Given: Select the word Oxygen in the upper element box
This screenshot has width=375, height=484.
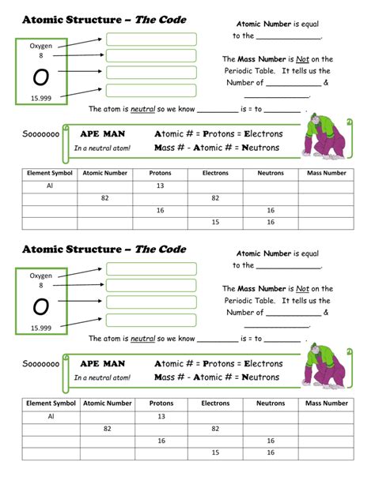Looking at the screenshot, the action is point(41,46).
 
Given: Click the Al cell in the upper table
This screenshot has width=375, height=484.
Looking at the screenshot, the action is point(50,186).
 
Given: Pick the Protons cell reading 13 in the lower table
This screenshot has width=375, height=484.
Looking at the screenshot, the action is point(161,415).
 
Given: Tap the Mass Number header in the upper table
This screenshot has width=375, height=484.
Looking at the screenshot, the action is point(326,173).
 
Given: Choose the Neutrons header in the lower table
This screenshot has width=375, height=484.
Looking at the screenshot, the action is point(271,403).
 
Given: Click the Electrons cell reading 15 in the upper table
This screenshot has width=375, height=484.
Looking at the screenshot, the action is point(215,223).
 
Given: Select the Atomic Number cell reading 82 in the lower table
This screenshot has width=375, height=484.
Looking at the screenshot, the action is point(106,428).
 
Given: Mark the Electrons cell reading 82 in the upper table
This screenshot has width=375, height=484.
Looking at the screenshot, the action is point(215,198).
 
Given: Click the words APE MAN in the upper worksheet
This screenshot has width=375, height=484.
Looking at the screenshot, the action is point(103,133).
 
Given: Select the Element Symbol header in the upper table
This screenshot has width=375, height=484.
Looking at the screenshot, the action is point(50,173).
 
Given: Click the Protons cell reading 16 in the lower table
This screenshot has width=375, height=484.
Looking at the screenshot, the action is point(161,441).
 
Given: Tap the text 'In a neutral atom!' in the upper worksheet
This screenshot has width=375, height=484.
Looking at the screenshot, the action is point(102,148).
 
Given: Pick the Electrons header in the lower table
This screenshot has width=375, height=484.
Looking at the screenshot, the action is point(215,403).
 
